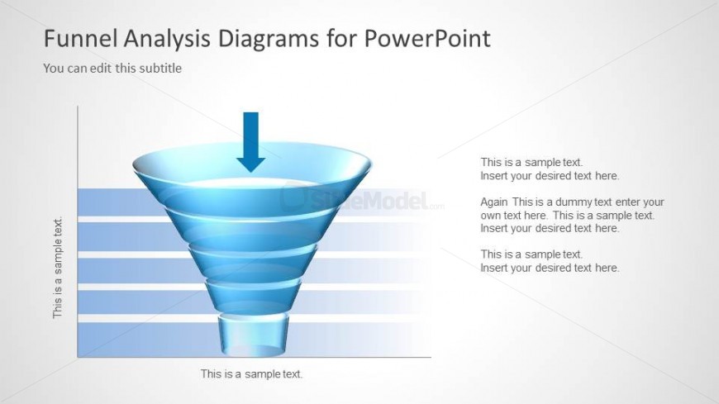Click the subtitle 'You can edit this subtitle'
pos(112,69)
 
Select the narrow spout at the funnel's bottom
pos(253,335)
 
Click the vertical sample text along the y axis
pos(58,268)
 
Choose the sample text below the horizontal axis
pos(251,374)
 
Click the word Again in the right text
pos(494,202)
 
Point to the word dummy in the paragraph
pos(574,202)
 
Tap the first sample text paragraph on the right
pos(549,169)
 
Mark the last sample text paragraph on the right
pos(549,261)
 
